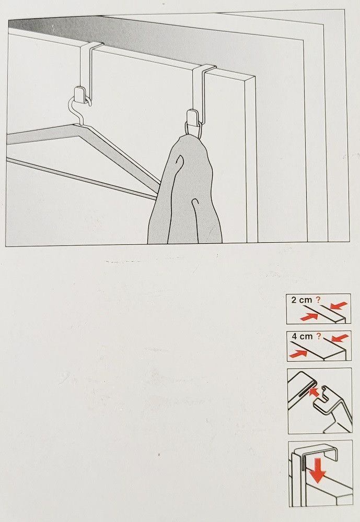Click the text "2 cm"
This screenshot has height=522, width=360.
[x=301, y=300]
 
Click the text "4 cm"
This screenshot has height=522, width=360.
[x=302, y=336]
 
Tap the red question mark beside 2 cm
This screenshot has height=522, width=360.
[x=318, y=300]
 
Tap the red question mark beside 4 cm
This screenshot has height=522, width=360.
[x=319, y=336]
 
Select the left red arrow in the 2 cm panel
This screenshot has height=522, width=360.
[x=309, y=317]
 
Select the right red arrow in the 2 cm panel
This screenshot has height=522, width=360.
[x=339, y=305]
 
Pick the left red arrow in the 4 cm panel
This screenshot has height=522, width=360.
[x=298, y=354]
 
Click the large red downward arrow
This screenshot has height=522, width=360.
[x=317, y=470]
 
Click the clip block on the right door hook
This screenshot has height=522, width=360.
[x=193, y=116]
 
